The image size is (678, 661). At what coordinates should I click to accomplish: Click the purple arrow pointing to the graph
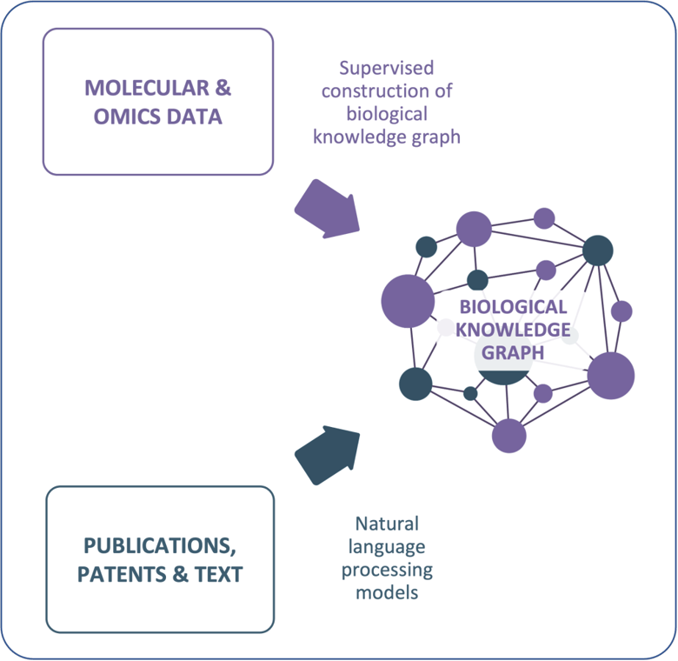(327, 209)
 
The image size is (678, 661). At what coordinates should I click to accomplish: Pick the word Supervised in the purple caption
(386, 68)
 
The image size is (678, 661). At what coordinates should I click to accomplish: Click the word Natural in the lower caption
(387, 524)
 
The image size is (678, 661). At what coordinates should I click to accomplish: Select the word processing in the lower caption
(387, 570)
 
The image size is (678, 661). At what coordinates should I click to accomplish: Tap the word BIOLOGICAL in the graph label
(513, 307)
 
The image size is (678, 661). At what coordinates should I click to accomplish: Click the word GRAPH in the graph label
(513, 352)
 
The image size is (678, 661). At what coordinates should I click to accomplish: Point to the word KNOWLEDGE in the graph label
(513, 330)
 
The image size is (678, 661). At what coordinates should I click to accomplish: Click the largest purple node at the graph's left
(408, 301)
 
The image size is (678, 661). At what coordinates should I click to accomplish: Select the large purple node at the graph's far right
(611, 376)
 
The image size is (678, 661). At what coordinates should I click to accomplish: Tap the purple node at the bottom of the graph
(508, 435)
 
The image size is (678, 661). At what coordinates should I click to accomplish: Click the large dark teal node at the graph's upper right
(597, 250)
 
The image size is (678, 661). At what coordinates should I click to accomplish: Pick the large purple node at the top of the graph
(474, 229)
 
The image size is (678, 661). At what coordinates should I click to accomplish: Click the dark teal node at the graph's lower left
(415, 384)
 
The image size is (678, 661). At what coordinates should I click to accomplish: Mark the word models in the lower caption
(387, 592)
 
